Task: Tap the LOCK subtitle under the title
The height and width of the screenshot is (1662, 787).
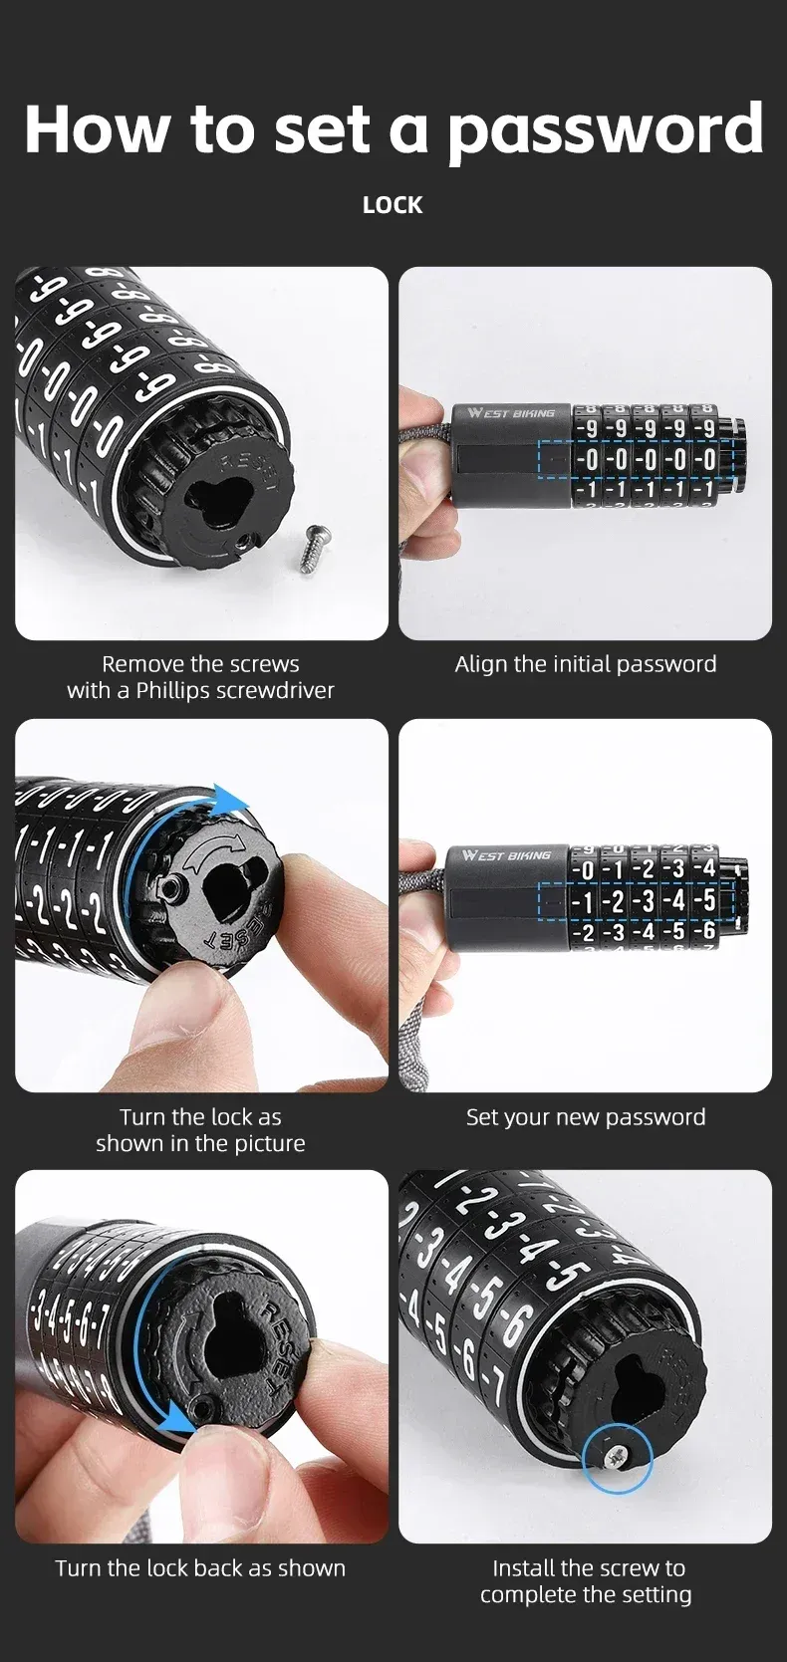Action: tap(393, 205)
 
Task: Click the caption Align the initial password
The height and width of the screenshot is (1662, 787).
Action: tap(586, 663)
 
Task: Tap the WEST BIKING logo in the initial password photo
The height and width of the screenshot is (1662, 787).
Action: tap(512, 412)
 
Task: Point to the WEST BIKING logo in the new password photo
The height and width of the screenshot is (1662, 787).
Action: tap(507, 855)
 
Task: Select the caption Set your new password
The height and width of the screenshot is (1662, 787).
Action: tap(586, 1116)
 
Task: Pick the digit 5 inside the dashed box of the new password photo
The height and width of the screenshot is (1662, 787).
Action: tap(707, 901)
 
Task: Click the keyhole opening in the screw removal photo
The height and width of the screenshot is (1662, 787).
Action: tap(222, 507)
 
